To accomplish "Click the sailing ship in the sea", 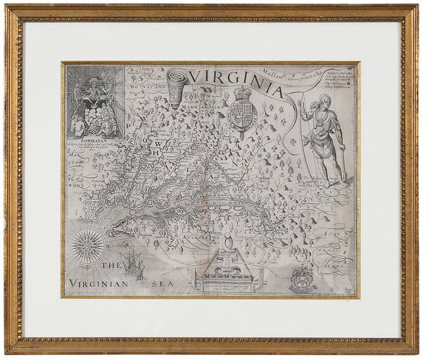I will [131, 265].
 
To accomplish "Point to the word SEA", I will [163, 284].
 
